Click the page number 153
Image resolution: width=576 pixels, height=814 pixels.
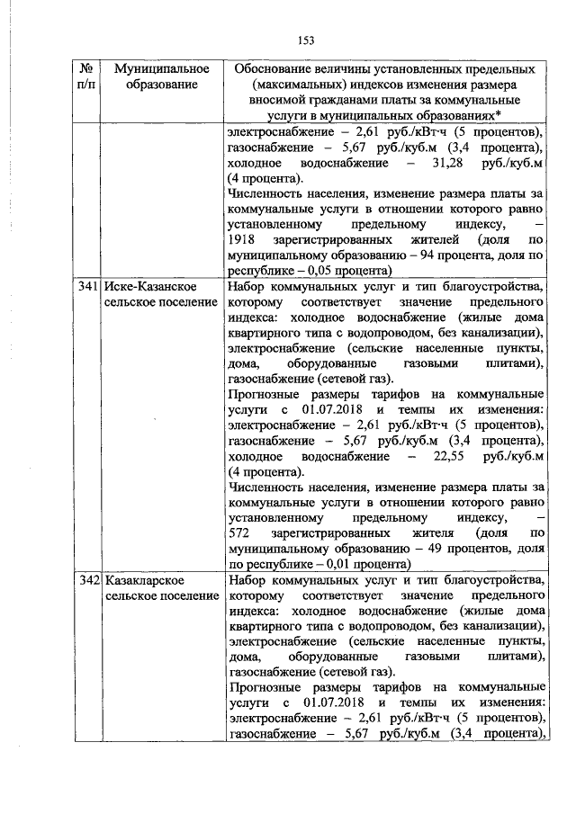click(305, 40)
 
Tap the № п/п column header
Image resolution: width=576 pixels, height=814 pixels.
click(87, 76)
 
